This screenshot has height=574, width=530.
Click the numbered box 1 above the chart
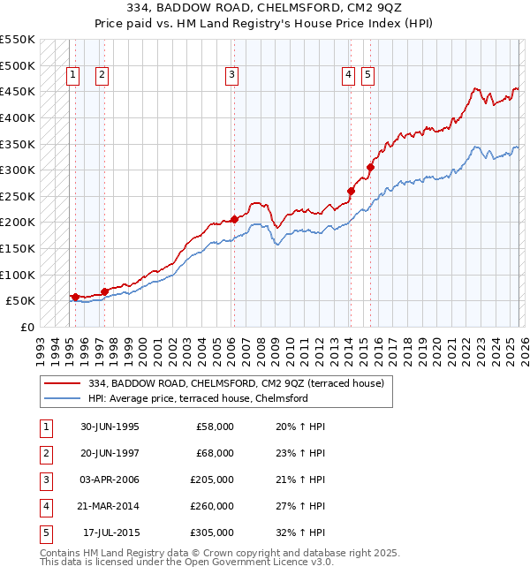72,76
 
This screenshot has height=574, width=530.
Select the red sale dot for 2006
234,219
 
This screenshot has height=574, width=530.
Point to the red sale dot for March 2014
351,191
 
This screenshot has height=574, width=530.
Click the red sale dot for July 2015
370,167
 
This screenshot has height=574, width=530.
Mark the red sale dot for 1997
104,291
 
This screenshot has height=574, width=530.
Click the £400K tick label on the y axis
18,117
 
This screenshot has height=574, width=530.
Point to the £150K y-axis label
18,248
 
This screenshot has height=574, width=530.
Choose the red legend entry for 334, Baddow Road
235,383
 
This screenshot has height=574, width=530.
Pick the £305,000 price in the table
212,532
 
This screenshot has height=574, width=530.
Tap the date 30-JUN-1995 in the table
110,427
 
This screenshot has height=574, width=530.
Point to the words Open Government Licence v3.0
262,561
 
